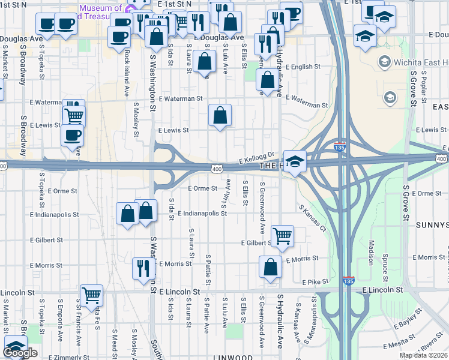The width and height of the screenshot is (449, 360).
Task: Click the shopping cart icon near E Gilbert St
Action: tap(282, 235)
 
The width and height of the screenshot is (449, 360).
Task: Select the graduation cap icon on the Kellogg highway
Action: tap(295, 161)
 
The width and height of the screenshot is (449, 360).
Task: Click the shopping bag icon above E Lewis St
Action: tap(220, 115)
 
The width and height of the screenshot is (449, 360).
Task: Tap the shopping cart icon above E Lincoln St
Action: tap(91, 295)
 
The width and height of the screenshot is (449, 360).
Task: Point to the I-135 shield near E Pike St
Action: tap(348, 280)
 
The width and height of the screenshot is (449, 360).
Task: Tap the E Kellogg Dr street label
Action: tap(256, 158)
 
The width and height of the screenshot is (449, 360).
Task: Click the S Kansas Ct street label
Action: tap(315, 218)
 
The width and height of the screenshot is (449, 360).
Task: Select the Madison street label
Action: tap(371, 253)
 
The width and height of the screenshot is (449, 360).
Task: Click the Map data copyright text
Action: tap(424, 355)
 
